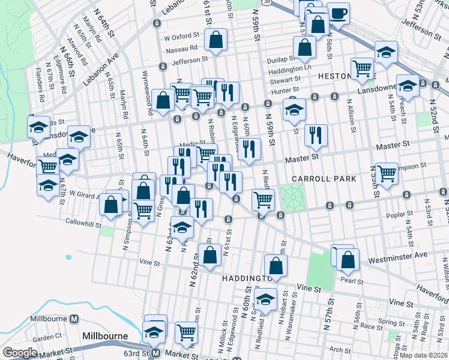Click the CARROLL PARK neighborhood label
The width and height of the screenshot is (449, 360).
click(324, 179)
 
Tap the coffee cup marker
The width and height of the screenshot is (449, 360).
click(339, 12)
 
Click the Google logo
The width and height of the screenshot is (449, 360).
click(20, 353)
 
